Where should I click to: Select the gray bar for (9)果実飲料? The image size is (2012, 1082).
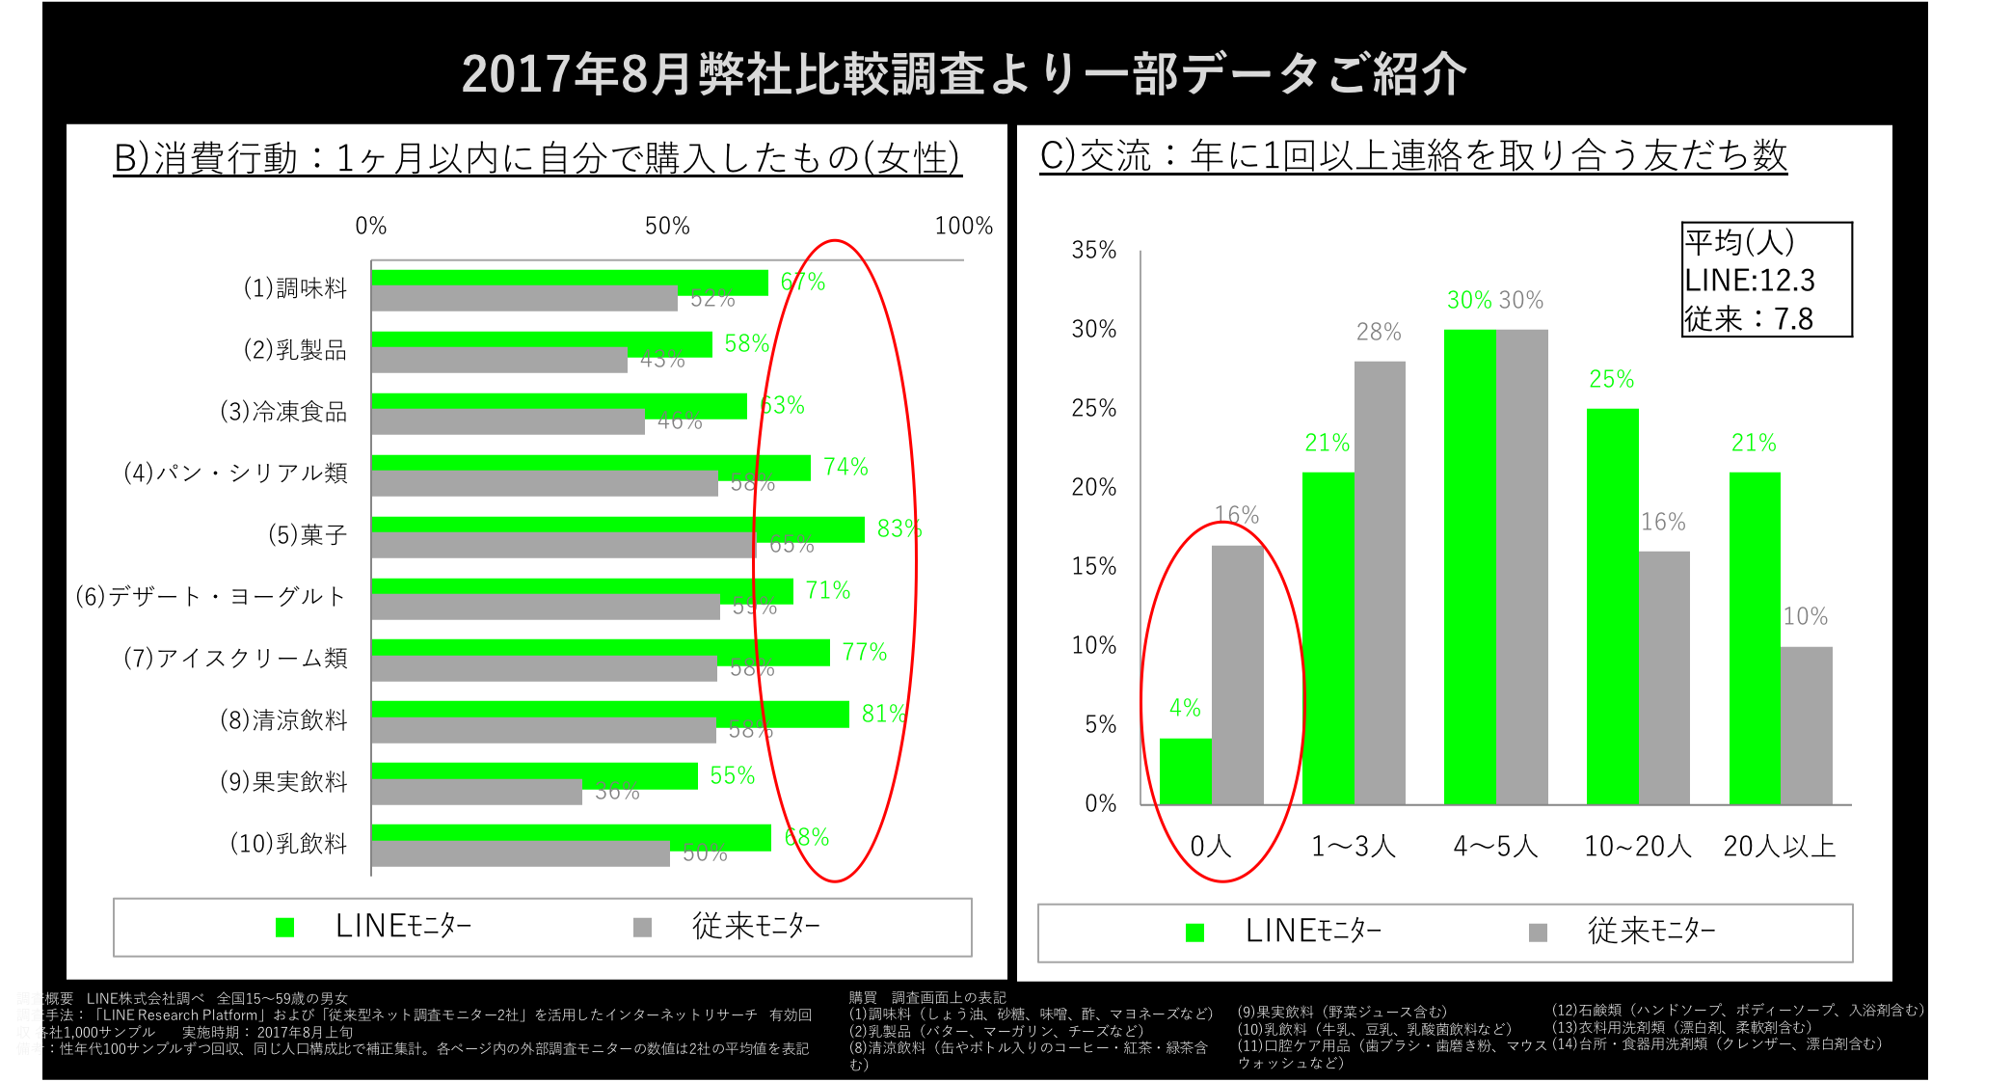point(476,793)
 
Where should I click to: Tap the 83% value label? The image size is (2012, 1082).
point(899,529)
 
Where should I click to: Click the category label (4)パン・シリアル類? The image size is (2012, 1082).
point(235,473)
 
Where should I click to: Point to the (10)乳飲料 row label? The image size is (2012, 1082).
point(288,844)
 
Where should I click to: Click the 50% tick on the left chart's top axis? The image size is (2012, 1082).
point(667,227)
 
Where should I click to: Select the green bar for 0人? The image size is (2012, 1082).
point(1185,771)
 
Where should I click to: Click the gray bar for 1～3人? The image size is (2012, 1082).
point(1380,582)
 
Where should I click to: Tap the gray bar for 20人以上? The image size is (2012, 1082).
point(1806,725)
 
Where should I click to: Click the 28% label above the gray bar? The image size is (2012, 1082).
point(1379,333)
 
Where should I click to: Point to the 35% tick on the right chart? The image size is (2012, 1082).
point(1094,251)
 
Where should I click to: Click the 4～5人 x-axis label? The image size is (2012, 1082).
point(1495,847)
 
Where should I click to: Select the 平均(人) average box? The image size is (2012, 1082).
point(1766,280)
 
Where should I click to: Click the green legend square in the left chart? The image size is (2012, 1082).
point(284,927)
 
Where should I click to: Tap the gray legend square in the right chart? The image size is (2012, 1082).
point(1538,933)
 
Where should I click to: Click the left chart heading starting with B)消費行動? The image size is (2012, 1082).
point(537,158)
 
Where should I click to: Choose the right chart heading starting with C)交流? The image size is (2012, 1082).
point(1412,155)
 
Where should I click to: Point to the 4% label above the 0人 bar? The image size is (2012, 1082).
point(1185,709)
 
